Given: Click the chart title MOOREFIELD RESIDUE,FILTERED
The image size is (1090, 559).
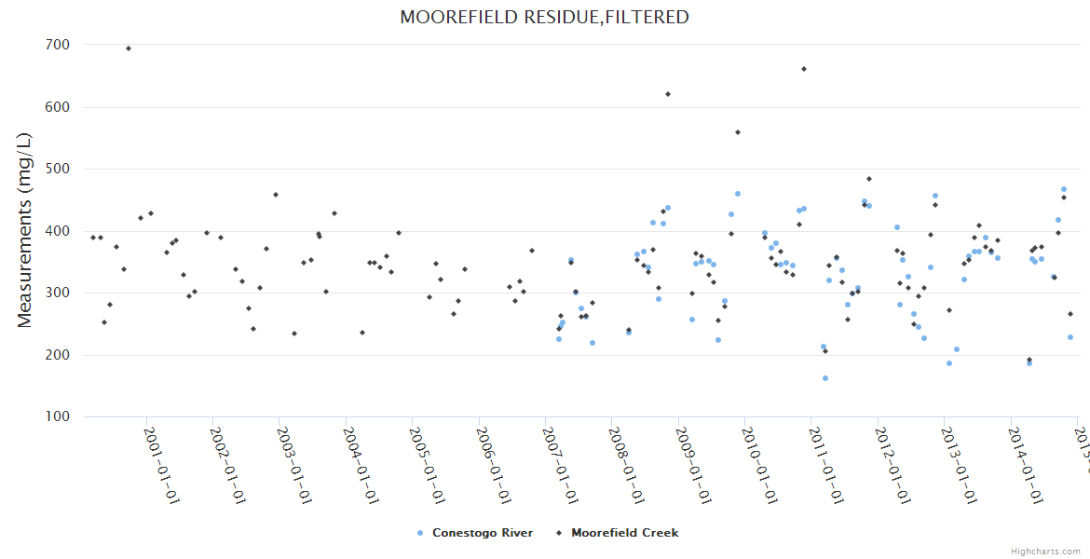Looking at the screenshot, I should point(544,17).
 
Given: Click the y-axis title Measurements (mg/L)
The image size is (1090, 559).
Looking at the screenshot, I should point(25,230).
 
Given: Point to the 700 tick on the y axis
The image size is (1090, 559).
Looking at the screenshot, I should point(56,45).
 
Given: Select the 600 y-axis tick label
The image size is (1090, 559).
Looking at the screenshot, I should point(56,107).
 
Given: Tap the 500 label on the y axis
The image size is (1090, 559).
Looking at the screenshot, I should point(56,169).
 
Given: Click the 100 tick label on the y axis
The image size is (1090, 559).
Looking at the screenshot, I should point(56,416).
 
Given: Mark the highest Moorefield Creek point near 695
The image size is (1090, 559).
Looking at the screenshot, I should point(129,48).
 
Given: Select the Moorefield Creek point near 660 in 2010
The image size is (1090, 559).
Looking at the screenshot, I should point(804,69).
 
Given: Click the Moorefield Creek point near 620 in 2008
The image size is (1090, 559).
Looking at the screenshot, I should point(668,94).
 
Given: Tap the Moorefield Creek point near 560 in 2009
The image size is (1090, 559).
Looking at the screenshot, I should point(738,132).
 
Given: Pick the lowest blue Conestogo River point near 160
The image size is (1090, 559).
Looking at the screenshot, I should point(825,378).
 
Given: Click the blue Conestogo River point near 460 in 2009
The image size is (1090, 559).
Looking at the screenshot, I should point(738,194).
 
